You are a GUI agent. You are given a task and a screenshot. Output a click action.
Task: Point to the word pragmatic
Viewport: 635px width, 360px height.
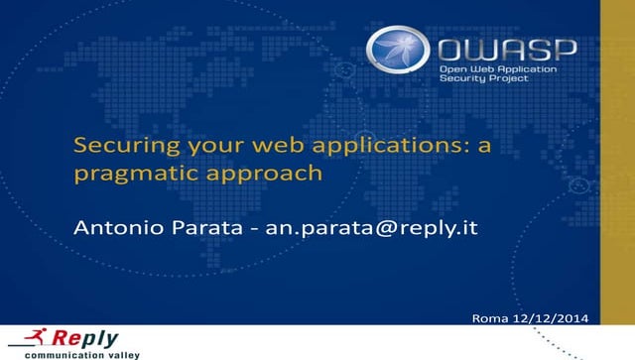[130, 174]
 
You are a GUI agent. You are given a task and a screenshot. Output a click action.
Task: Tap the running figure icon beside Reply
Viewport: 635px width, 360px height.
[27, 338]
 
